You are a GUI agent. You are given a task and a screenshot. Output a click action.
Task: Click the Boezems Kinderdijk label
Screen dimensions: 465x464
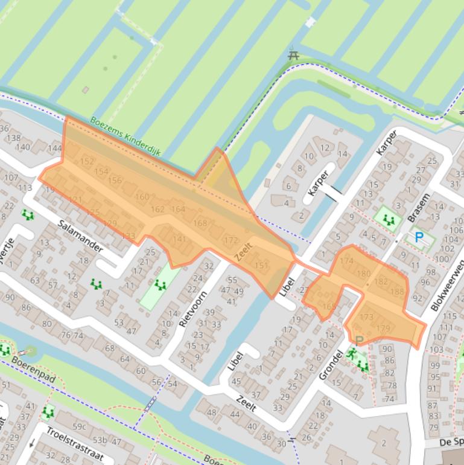tap(126, 136)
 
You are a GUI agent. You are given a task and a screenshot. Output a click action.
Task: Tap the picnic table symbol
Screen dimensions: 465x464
tap(294, 55)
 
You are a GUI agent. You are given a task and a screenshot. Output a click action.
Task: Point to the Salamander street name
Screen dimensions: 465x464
tap(81, 236)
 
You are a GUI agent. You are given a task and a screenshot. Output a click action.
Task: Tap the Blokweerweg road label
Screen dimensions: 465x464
tap(447, 286)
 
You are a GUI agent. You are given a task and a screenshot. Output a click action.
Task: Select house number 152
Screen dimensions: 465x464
tap(87, 161)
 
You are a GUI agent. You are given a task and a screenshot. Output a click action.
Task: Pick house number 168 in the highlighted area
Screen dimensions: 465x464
tap(200, 223)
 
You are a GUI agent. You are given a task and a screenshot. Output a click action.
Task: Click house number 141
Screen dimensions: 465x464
tap(179, 239)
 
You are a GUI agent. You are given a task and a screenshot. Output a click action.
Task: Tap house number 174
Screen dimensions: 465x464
tap(346, 261)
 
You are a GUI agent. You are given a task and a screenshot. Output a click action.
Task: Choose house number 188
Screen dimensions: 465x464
tap(397, 292)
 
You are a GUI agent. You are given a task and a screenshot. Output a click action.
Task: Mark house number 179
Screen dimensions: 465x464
tap(383, 329)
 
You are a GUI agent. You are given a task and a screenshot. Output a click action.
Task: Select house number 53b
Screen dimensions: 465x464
tap(100, 440)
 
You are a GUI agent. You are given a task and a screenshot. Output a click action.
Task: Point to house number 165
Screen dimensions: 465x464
tap(329, 306)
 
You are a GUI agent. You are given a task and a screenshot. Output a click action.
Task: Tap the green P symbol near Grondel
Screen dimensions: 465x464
tap(359, 341)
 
